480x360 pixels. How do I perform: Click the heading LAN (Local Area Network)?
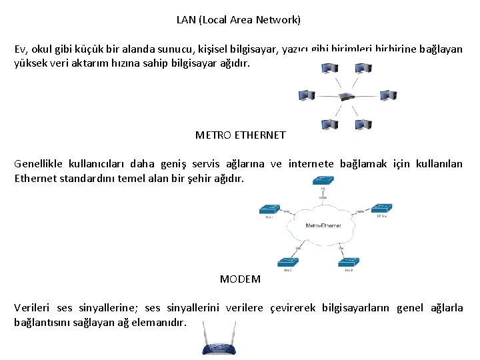(239, 20)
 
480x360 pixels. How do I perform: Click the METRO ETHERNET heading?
(240, 135)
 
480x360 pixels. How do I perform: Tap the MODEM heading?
(240, 279)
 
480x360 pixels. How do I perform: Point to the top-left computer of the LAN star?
(329, 68)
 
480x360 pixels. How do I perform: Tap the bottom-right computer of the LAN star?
(363, 125)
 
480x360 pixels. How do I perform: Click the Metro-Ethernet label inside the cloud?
(323, 226)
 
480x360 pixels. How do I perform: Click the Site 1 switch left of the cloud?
(270, 209)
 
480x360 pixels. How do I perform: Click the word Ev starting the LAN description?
(21, 49)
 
